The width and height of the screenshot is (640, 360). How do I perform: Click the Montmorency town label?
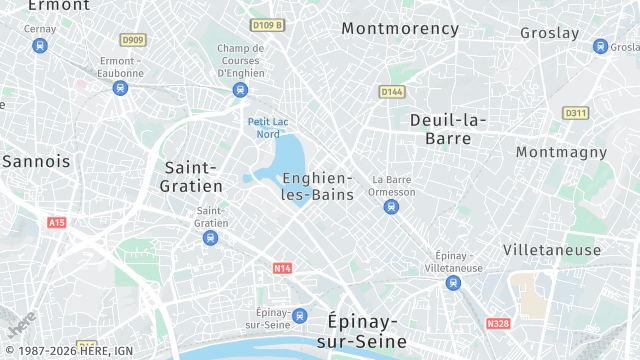[400, 28]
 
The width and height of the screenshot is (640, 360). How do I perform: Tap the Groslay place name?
[549, 33]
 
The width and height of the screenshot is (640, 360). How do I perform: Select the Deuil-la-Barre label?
[447, 129]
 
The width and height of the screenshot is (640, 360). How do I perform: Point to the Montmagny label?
[561, 152]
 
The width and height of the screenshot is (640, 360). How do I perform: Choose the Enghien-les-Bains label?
[318, 186]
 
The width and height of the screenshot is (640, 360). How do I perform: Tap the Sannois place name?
[36, 160]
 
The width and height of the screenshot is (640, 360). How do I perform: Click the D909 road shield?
[132, 40]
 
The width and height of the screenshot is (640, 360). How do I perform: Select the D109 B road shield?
[267, 25]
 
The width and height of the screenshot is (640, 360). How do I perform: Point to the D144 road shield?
[391, 91]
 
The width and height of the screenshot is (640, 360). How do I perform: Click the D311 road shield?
[575, 113]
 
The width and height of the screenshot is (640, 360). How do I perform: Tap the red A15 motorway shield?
[56, 222]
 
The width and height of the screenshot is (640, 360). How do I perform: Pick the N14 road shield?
[282, 268]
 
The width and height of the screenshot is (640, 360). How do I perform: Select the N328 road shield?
[497, 324]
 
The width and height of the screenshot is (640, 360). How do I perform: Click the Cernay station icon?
[40, 46]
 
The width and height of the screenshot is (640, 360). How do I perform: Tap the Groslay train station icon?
[600, 46]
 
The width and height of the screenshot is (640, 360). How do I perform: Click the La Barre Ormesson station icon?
[391, 207]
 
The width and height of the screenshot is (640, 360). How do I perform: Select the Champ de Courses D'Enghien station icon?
[240, 90]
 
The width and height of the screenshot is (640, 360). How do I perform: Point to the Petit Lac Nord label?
[268, 127]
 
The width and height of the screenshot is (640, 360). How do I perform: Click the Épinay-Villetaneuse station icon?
[452, 283]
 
